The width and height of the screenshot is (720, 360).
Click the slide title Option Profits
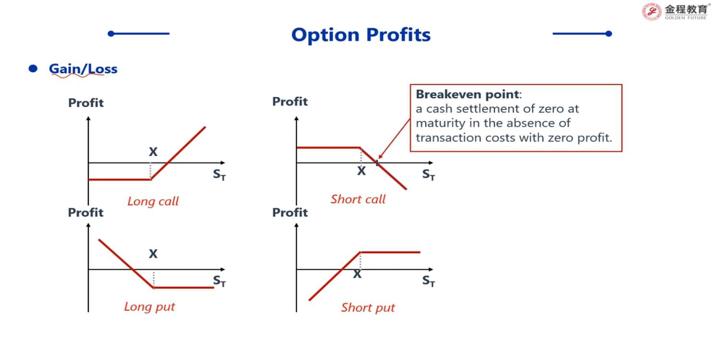360,35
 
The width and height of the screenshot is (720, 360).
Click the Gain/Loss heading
83,69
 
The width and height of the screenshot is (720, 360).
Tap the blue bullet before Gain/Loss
33,69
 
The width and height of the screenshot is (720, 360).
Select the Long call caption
153,202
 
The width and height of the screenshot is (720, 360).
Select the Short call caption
358,199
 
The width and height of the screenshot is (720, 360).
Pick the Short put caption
368,308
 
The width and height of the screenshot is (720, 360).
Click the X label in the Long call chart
153,152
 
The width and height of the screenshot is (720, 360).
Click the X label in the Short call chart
361,171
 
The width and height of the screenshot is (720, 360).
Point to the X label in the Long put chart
153,253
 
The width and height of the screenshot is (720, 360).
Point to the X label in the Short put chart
357,274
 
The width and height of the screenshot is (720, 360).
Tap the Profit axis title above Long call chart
86,103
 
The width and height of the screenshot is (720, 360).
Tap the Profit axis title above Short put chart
290,213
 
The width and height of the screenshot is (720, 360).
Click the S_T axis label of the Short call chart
429,175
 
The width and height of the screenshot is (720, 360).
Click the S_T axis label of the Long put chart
219,281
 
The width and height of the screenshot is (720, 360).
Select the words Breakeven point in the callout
468,95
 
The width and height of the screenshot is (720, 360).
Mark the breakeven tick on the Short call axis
377,163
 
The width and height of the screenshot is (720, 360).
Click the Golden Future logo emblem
651,12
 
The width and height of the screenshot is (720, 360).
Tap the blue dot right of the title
609,34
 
